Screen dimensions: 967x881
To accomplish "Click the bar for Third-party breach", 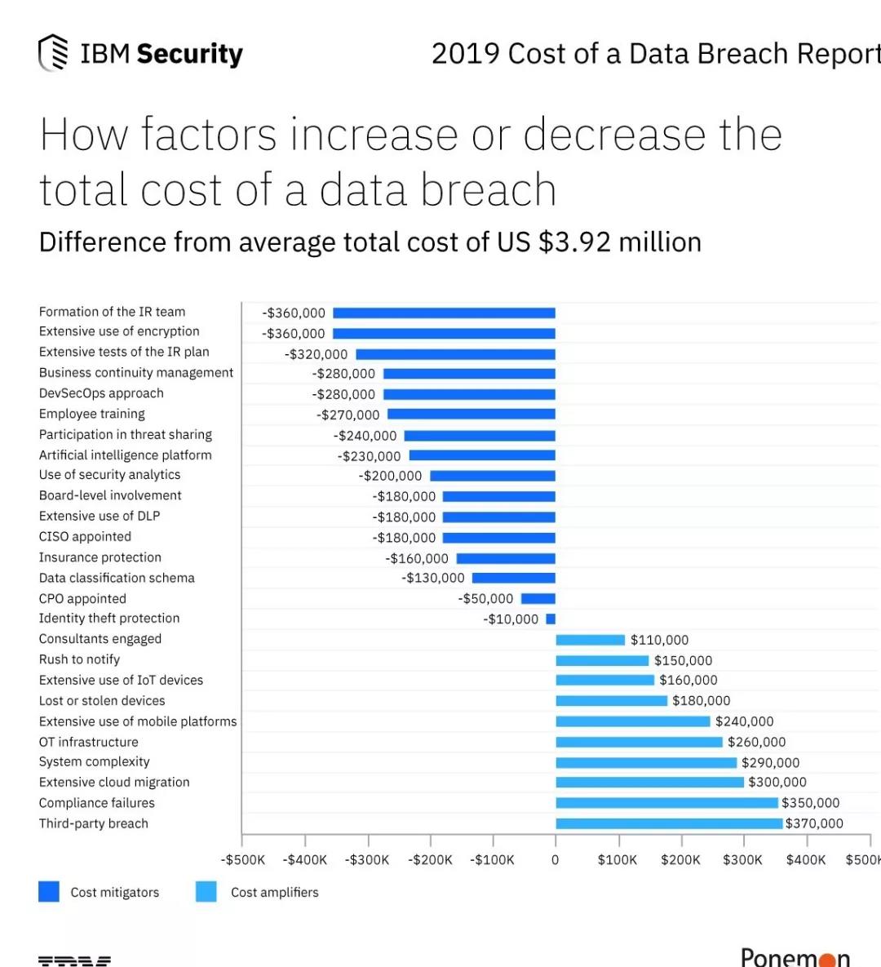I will tap(669, 823).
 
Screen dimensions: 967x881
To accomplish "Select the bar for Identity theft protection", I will tap(551, 619).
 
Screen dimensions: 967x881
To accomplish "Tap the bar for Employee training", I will tap(471, 415).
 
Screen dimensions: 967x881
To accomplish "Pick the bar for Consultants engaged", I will tap(590, 640).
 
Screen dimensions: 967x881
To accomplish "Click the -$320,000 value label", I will tap(316, 354).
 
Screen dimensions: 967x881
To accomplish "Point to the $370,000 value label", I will tap(814, 823).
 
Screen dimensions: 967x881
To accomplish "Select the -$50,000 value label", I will tap(485, 598).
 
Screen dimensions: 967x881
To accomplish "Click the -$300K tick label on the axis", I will tap(367, 860).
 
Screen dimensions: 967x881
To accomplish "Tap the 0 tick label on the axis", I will tap(556, 860).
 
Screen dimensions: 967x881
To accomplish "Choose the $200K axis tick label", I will tap(680, 860).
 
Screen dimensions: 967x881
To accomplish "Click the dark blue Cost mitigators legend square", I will tap(49, 892).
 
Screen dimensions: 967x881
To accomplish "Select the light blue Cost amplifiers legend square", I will tap(206, 892).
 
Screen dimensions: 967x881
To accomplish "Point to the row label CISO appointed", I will tap(85, 536).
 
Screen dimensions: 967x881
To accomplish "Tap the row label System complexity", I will tap(94, 761).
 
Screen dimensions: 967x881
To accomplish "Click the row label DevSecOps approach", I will tap(101, 393).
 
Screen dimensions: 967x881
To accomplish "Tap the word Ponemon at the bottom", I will tap(795, 956).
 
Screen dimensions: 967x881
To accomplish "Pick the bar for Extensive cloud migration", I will tap(649, 783).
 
